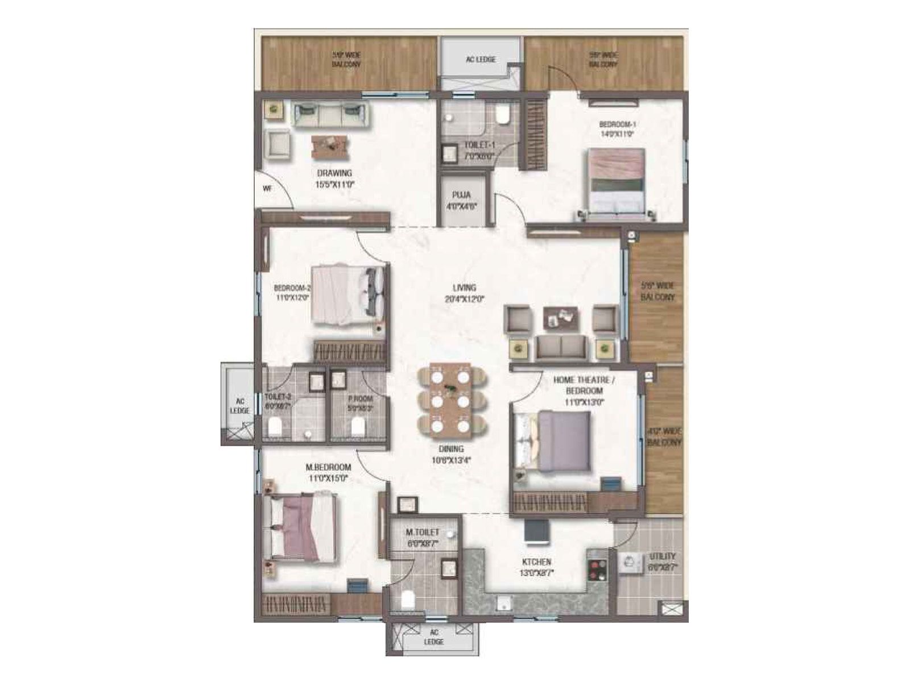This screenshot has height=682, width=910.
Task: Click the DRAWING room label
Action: coord(334,173)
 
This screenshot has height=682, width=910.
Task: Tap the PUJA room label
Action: coord(461,195)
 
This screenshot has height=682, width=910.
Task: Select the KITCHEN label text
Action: coord(536,562)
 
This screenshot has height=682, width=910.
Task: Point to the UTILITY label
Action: coord(663,556)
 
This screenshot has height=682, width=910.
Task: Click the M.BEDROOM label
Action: coord(328,467)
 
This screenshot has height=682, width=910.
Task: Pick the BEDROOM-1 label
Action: coord(617,124)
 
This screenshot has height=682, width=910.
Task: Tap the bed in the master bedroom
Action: coord(303,528)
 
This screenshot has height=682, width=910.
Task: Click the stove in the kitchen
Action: coord(597,565)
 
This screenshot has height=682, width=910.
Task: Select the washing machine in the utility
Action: coord(630,563)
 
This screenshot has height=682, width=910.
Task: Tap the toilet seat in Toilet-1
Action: coord(502,115)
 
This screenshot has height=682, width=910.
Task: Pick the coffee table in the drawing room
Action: coord(329,145)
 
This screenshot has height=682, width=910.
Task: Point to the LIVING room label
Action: coord(464,288)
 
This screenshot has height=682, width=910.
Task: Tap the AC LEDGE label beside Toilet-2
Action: coord(239,406)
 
